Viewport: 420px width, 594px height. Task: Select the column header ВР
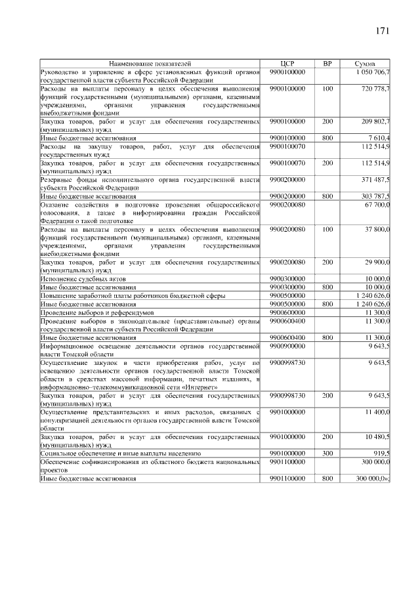[x=327, y=64]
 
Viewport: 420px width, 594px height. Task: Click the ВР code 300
[x=327, y=453]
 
